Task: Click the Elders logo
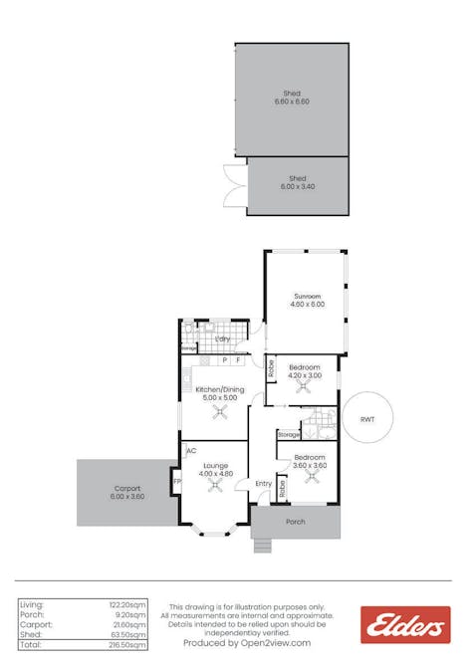405,624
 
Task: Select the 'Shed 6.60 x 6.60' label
292,98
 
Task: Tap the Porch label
295,522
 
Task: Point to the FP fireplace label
176,483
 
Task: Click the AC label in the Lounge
190,450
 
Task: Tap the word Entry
263,484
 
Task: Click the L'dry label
222,339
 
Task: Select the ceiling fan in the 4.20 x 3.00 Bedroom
304,389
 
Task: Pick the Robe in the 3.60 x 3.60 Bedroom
282,486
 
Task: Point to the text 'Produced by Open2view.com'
247,643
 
